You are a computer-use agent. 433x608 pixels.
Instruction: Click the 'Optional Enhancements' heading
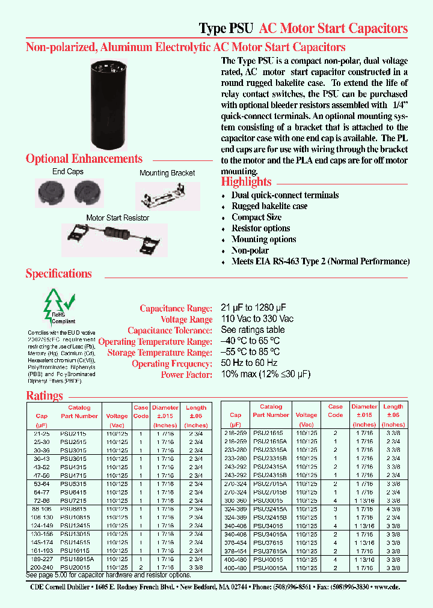click(x=84, y=159)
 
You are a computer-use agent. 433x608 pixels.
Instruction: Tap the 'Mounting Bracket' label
click(x=167, y=173)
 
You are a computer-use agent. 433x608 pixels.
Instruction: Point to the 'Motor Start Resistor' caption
click(x=118, y=217)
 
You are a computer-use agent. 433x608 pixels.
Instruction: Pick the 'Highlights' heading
click(x=246, y=182)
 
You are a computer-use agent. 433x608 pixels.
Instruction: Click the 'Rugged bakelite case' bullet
click(x=269, y=206)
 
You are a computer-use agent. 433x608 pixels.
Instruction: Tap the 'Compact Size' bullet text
click(x=256, y=217)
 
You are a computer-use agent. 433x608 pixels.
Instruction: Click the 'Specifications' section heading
click(x=58, y=274)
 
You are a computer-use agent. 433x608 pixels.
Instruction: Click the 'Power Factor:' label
click(x=186, y=375)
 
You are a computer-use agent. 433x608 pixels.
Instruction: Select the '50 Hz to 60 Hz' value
click(x=249, y=363)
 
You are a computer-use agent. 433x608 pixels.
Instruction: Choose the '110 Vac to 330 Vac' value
click(x=257, y=319)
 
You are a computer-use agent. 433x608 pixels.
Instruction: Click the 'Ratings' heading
click(x=45, y=396)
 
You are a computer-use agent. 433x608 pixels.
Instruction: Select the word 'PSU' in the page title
click(x=241, y=28)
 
